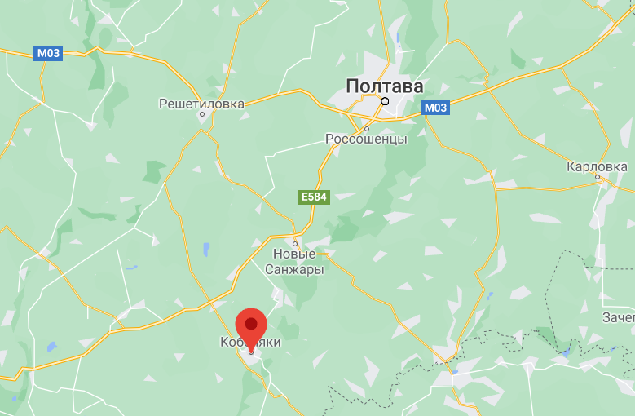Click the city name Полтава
tap(385, 86)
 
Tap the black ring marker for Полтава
tap(385, 102)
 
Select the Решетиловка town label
tap(201, 104)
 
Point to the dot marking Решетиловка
tap(201, 115)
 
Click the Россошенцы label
tap(366, 139)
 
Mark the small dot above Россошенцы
tap(367, 128)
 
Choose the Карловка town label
tap(598, 166)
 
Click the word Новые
tap(294, 254)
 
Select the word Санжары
tap(294, 269)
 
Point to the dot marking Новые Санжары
tap(295, 243)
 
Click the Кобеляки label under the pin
tap(250, 343)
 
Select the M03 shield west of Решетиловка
tap(46, 54)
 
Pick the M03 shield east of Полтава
tap(435, 108)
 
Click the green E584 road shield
tap(314, 197)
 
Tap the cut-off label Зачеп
tap(619, 316)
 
